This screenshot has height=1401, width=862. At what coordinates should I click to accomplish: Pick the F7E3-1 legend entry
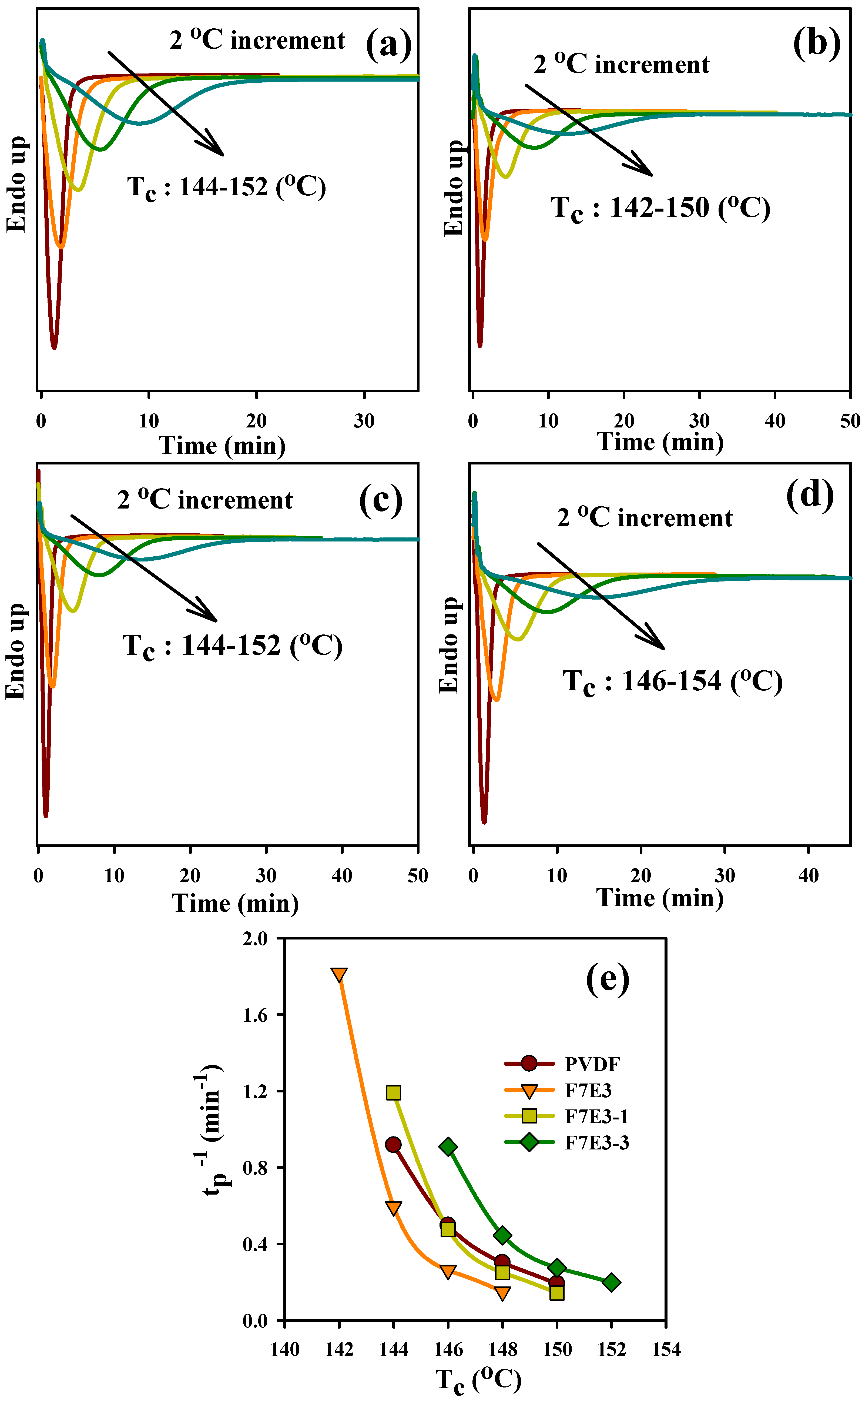pyautogui.click(x=596, y=1116)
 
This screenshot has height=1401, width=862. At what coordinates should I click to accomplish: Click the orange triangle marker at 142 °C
pyautogui.click(x=339, y=974)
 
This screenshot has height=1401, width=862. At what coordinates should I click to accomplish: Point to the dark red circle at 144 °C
pyautogui.click(x=393, y=1144)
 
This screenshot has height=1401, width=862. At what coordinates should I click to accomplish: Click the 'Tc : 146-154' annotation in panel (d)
pyautogui.click(x=673, y=681)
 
